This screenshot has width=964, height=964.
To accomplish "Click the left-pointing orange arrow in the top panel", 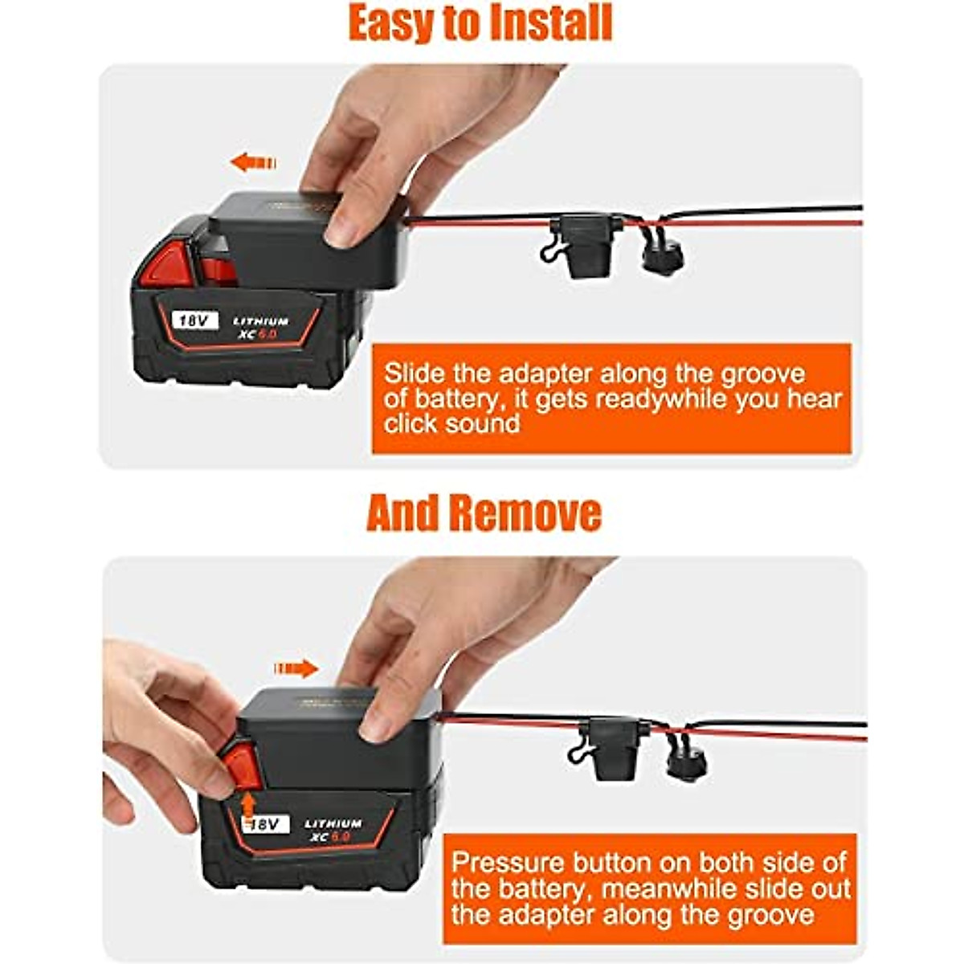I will click(253, 163).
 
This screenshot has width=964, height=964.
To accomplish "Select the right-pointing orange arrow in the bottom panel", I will click(296, 668).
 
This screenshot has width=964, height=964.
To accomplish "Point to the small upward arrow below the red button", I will click(249, 804).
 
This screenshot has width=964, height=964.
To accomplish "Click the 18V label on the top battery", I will click(195, 320).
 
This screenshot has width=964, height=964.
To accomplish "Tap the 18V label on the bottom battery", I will click(266, 824).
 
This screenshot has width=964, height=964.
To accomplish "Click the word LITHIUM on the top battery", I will click(260, 321).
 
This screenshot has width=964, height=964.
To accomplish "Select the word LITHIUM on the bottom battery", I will click(333, 823).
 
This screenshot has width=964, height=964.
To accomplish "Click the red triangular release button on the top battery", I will click(166, 266).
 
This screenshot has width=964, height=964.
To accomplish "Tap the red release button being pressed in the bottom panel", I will click(241, 764).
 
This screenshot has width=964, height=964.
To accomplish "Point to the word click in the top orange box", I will click(411, 423).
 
